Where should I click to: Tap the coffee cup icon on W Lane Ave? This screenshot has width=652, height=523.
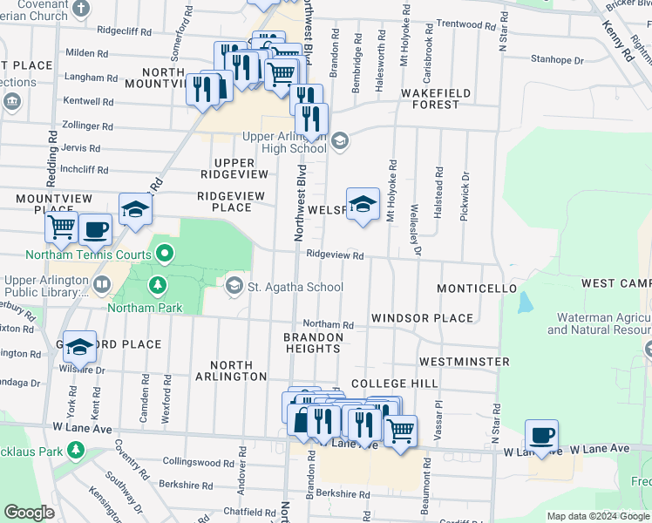[x=541, y=436]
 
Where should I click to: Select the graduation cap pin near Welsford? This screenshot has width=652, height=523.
[x=363, y=205]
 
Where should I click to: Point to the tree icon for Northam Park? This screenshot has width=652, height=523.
[x=158, y=285]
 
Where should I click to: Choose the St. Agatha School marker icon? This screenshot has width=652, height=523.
[x=234, y=286]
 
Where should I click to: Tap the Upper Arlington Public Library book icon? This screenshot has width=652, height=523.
[x=102, y=285]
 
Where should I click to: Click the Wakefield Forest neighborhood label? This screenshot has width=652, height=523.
[x=436, y=98]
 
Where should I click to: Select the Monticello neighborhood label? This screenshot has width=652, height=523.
[x=477, y=288]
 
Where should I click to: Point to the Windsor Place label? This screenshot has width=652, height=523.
[x=422, y=319]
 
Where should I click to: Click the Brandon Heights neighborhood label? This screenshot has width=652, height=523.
[x=313, y=343]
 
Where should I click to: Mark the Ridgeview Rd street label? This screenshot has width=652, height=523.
[x=334, y=255]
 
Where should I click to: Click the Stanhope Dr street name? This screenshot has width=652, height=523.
[x=557, y=60]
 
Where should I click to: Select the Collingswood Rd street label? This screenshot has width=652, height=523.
[x=194, y=461]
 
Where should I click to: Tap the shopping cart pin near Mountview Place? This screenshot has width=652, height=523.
[x=61, y=228]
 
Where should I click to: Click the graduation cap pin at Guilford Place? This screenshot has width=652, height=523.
[x=79, y=346]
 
